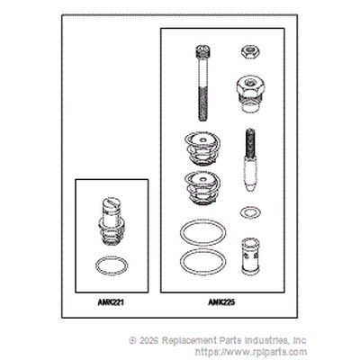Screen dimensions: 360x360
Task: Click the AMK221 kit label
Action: [x=111, y=302]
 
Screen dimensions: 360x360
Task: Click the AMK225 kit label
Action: [x=221, y=302]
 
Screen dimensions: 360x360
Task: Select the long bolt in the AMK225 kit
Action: [x=203, y=83]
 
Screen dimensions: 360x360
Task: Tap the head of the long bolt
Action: [x=203, y=51]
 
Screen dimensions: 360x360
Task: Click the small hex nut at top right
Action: [x=250, y=51]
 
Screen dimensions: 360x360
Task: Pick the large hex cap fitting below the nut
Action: [x=250, y=94]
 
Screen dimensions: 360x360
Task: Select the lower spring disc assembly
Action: [x=202, y=188]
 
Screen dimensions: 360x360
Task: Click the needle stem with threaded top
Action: [x=250, y=159]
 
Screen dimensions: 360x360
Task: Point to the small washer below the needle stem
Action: [x=250, y=212]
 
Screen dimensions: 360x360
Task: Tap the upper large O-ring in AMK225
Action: [x=203, y=232]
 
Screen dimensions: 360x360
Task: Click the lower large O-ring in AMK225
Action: [x=203, y=261]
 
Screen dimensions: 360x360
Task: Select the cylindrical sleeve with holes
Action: [x=250, y=256]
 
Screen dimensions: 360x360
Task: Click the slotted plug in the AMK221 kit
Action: [x=112, y=222]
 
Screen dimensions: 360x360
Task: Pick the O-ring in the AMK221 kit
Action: [x=112, y=265]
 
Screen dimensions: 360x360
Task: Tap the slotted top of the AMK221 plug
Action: [x=112, y=203]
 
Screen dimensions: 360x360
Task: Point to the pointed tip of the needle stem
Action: [x=250, y=187]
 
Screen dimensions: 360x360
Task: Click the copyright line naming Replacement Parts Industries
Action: [x=218, y=340]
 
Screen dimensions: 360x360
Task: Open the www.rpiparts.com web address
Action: [x=251, y=352]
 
